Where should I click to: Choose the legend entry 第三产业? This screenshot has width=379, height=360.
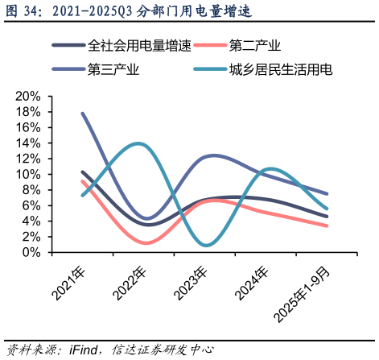click(x=113, y=70)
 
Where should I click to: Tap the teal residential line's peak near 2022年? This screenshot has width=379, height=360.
click(x=140, y=144)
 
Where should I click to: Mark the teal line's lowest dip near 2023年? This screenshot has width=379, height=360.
click(x=207, y=245)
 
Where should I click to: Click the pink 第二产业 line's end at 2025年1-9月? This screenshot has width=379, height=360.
click(x=326, y=226)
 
